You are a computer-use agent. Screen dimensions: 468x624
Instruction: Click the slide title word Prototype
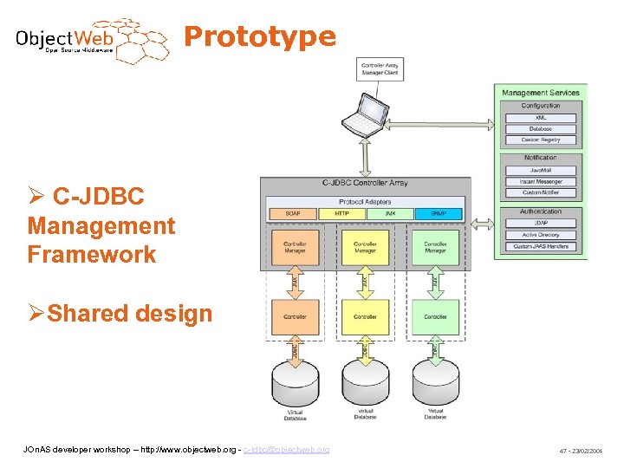click(260, 36)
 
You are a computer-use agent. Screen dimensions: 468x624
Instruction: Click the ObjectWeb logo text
click(65, 39)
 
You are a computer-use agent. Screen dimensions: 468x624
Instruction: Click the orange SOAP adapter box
click(294, 213)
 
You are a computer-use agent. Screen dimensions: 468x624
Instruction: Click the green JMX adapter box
click(390, 213)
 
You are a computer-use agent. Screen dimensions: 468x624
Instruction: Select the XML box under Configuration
click(540, 117)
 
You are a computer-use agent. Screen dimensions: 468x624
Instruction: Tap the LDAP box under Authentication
click(540, 223)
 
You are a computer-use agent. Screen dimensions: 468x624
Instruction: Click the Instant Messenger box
click(540, 181)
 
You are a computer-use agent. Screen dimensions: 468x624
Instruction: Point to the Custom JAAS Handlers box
click(540, 246)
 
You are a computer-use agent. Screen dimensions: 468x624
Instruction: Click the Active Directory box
click(540, 235)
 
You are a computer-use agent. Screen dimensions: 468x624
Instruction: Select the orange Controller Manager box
click(295, 247)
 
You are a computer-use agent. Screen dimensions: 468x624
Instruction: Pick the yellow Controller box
click(365, 317)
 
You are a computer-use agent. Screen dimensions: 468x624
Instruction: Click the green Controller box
click(435, 317)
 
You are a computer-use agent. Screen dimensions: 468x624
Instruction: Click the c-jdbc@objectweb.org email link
click(286, 450)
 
